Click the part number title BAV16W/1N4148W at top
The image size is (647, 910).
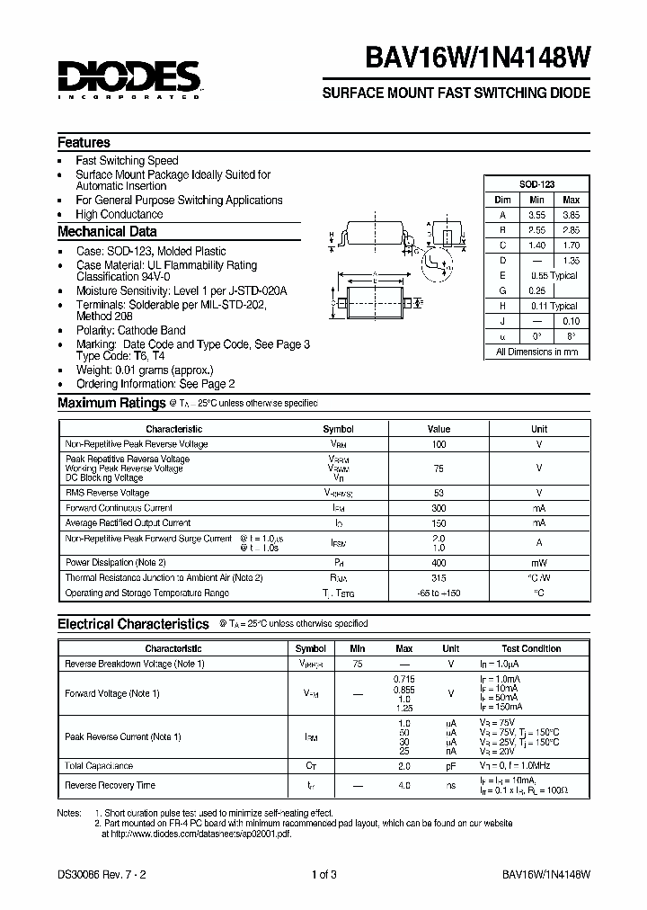tap(478, 58)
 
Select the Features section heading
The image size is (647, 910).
tap(84, 143)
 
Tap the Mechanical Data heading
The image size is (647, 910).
tap(107, 232)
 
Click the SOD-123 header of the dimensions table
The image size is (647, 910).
tap(536, 183)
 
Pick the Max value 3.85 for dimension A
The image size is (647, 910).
tap(571, 215)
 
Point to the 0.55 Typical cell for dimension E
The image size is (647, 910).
tap(554, 276)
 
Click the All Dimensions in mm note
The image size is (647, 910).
tap(536, 352)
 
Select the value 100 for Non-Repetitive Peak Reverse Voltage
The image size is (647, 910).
tap(438, 444)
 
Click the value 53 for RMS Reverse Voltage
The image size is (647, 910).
tap(438, 493)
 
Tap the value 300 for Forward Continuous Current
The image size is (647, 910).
tap(438, 508)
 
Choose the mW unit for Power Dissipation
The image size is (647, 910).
tap(538, 562)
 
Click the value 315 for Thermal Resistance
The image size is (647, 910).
tap(438, 577)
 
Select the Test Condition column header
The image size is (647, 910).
tap(531, 648)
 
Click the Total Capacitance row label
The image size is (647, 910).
tap(99, 766)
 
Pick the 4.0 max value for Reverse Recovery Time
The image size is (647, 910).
tap(403, 785)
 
